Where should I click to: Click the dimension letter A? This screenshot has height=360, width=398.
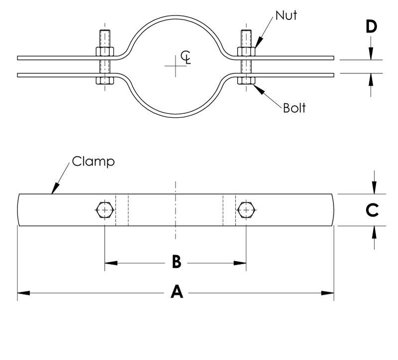click(x=176, y=293)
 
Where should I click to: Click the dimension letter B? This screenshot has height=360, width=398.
click(x=176, y=262)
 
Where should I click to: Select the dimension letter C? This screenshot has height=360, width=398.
click(x=371, y=210)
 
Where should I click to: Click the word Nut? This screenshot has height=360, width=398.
click(x=286, y=15)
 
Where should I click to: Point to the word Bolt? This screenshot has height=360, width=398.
click(x=294, y=107)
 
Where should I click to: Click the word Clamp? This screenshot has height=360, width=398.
click(x=93, y=161)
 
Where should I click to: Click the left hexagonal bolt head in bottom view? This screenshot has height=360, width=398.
click(x=103, y=210)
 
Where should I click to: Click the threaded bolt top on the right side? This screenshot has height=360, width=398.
click(x=246, y=37)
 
